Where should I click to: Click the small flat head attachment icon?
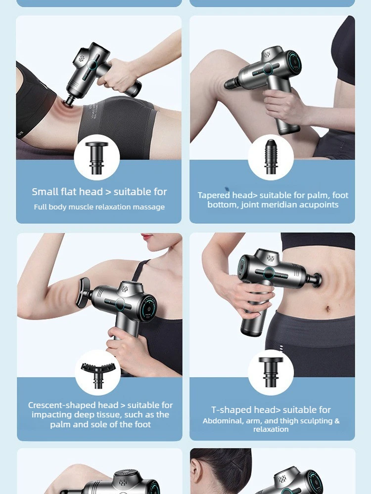point(96,158)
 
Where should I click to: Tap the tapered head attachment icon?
point(271,157)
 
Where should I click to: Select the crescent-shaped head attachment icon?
point(97,375)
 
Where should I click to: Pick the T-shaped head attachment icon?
point(271,372)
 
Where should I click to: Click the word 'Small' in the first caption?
point(45,192)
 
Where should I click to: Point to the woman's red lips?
point(147,237)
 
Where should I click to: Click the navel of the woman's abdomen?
point(328,308)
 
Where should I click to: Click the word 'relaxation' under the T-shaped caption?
point(271,429)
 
